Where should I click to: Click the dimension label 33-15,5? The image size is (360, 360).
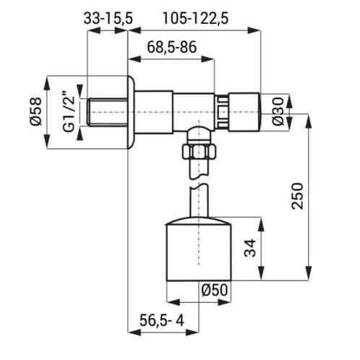click(108, 19)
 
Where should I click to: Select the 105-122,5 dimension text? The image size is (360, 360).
click(195, 19)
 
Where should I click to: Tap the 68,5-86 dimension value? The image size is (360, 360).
click(172, 47)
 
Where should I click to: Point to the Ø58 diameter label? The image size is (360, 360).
click(36, 111)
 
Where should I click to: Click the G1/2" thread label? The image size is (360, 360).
click(69, 111)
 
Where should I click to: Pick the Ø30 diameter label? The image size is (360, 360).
click(278, 111)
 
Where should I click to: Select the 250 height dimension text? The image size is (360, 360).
click(297, 196)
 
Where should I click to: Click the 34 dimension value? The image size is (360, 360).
click(249, 248)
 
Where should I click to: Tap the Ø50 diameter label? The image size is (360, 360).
click(215, 290)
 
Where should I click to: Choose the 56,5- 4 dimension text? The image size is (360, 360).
click(162, 320)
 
